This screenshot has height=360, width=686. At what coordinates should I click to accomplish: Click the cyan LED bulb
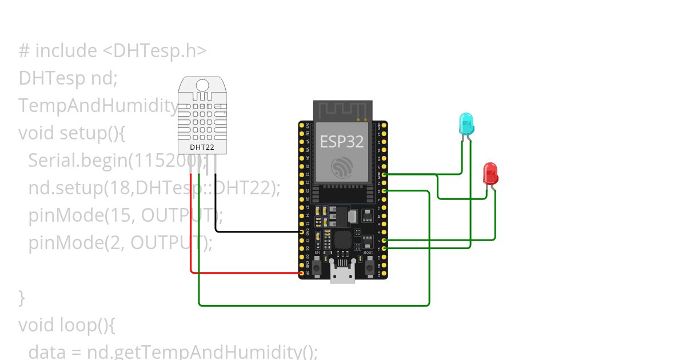466,124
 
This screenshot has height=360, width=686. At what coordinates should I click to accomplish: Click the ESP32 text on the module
341,141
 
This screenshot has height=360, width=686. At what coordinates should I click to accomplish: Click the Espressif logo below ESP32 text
342,167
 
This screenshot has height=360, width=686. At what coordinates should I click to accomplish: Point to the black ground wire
257,231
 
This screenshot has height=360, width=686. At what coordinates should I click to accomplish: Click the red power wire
246,273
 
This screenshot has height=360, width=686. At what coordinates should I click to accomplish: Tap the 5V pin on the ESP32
301,273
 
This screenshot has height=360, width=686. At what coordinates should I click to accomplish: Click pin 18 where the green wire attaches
384,191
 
